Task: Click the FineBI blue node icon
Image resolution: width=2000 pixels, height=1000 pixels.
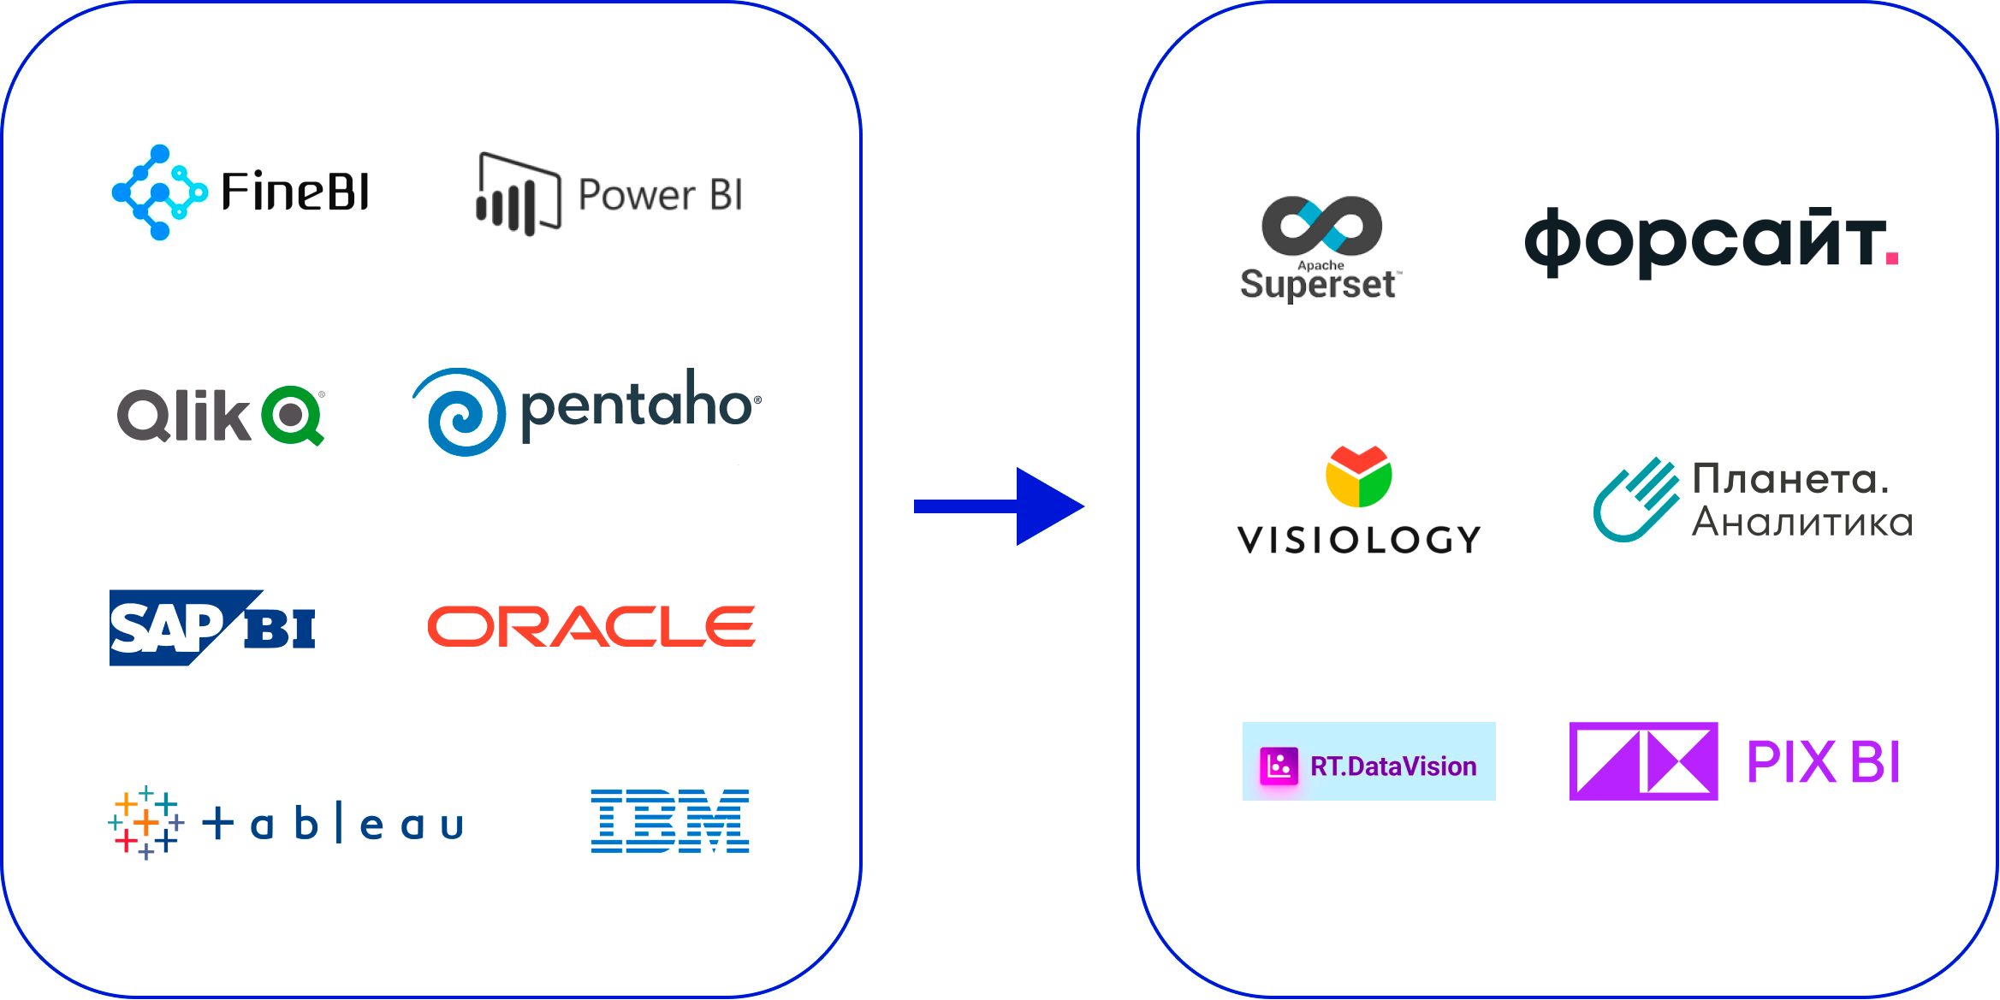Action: [x=158, y=192]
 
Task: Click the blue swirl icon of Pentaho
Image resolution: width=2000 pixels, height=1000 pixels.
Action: [x=460, y=412]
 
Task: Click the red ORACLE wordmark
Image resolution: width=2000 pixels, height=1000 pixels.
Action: [x=591, y=626]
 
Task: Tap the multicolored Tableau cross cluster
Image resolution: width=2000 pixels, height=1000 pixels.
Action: [x=145, y=822]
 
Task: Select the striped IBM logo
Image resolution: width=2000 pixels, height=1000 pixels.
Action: [x=669, y=821]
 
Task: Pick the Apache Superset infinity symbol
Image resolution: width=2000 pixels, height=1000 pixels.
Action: [x=1321, y=226]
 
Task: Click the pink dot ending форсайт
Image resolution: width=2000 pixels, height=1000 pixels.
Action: [x=1891, y=257]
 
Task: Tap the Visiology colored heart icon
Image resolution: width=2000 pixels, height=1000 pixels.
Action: [x=1358, y=476]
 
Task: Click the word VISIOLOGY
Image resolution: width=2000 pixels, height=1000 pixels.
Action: [x=1359, y=540]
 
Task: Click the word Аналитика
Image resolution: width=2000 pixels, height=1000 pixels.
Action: [x=1802, y=522]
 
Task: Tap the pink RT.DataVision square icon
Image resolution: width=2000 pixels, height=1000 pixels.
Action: [x=1279, y=766]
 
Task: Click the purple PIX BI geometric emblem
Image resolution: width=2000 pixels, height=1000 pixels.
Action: [x=1643, y=761]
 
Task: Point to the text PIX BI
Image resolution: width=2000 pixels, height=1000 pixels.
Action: [x=1823, y=762]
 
